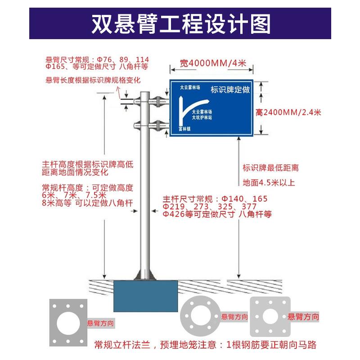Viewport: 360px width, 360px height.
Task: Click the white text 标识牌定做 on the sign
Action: pyautogui.click(x=229, y=90)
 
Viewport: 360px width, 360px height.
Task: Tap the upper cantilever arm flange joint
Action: pyautogui.click(x=157, y=102)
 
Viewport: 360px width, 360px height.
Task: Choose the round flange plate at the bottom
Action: pyautogui.click(x=201, y=317)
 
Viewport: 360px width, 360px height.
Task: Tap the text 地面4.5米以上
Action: pyautogui.click(x=269, y=183)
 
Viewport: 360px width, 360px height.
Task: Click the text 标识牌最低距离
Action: pyautogui.click(x=270, y=168)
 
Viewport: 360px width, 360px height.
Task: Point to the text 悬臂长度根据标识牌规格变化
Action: pyautogui.click(x=93, y=80)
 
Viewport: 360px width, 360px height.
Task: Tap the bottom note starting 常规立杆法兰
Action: pyautogui.click(x=205, y=345)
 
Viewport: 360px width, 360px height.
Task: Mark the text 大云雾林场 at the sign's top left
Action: pyautogui.click(x=189, y=88)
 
